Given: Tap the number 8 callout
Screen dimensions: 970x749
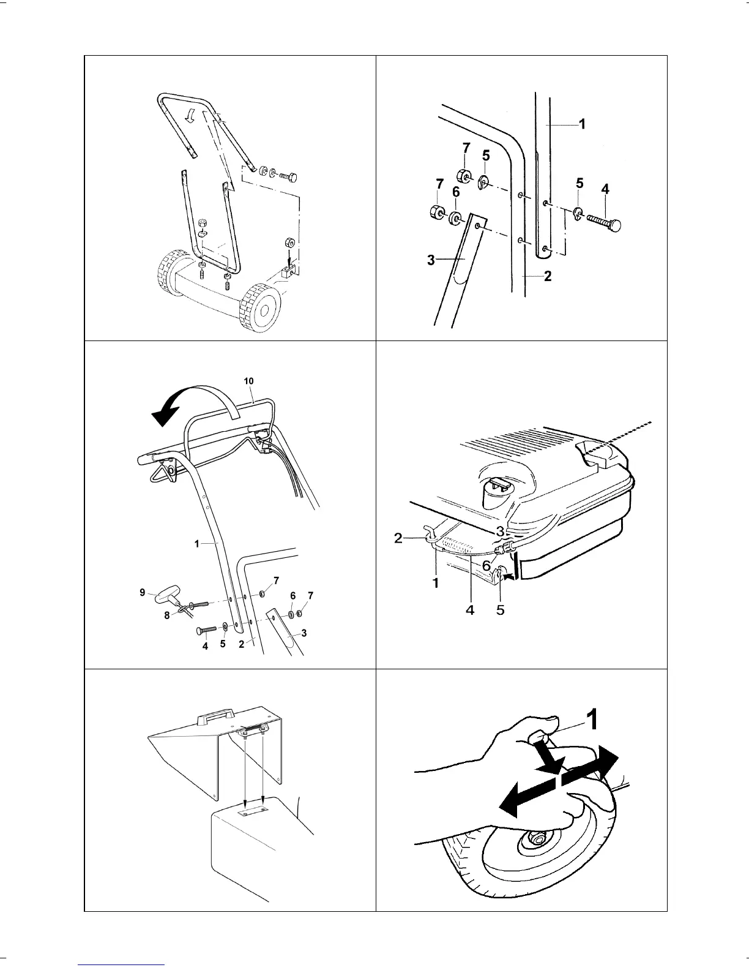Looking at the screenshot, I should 166,617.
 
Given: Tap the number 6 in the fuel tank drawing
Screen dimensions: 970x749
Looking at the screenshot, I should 486,566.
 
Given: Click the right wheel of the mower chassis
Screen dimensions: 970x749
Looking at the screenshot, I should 261,308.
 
